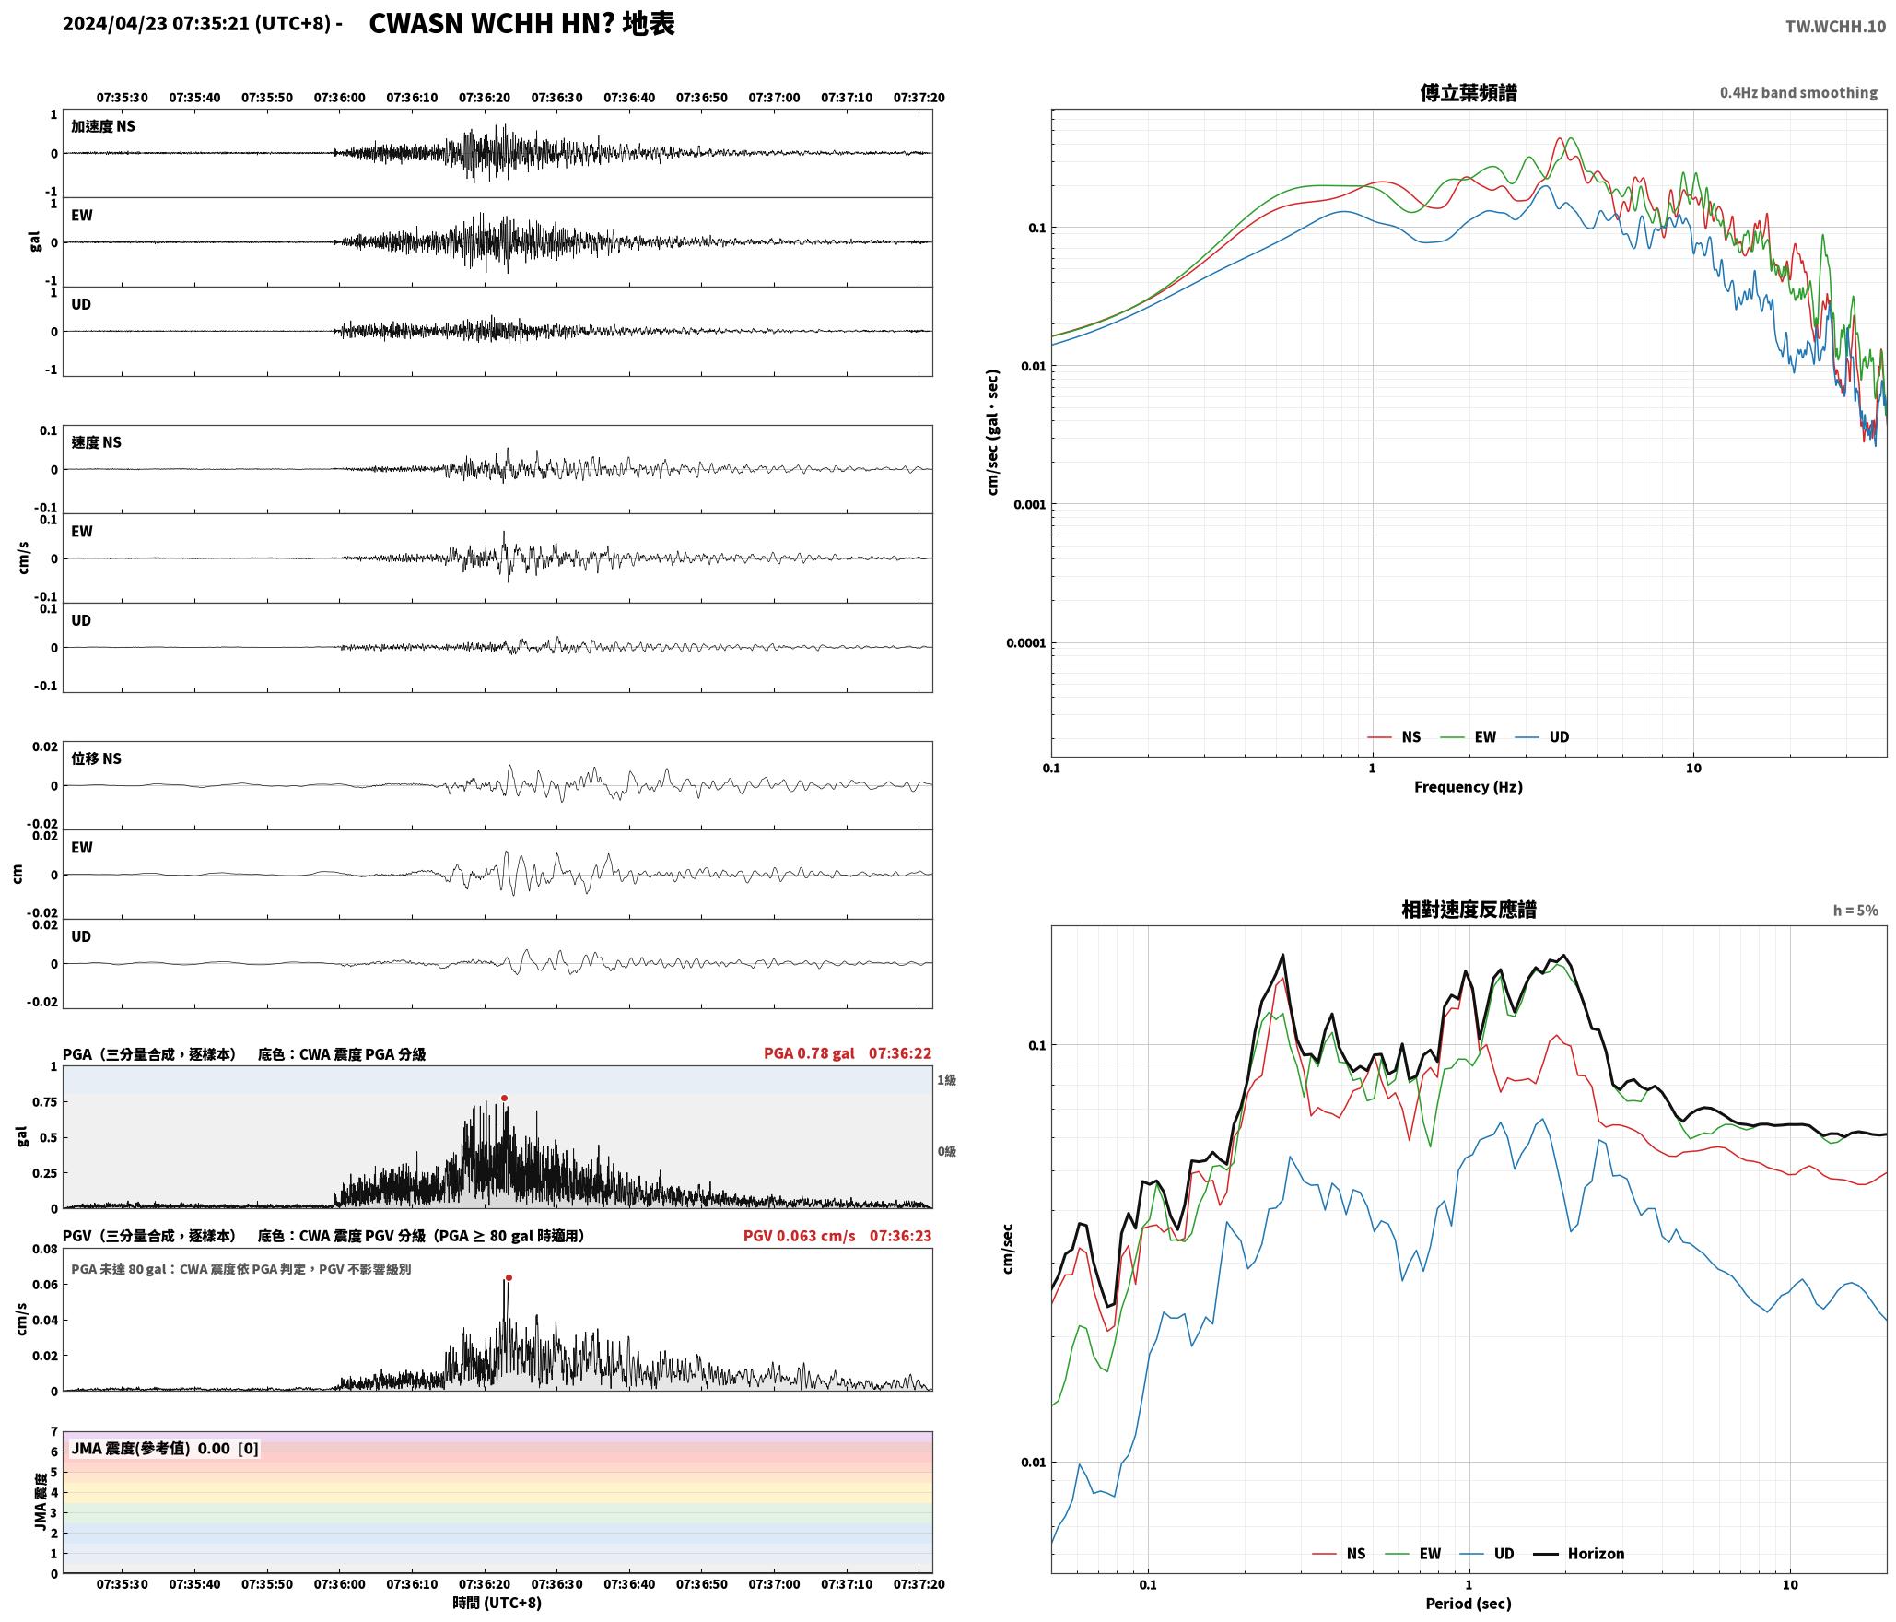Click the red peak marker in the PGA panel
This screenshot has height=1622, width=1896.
click(x=504, y=1098)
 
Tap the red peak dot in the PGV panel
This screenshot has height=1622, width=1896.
click(x=509, y=1277)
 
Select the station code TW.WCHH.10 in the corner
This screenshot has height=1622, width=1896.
click(x=1835, y=27)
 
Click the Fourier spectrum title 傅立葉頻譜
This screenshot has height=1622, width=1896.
click(x=1469, y=92)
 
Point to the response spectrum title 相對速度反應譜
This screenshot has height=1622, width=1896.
click(x=1469, y=910)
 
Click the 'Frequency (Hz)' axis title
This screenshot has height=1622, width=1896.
click(x=1469, y=786)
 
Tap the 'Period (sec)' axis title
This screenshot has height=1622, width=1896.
click(x=1469, y=1604)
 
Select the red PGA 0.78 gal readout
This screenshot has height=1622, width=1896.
click(x=809, y=1053)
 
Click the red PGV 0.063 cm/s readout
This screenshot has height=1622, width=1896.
click(x=799, y=1235)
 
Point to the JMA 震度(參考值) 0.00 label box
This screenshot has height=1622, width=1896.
click(x=165, y=1448)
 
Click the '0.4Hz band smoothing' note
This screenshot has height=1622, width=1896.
click(x=1798, y=92)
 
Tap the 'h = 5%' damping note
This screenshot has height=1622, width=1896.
click(x=1855, y=911)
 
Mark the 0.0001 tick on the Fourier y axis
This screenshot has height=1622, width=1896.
click(x=1026, y=642)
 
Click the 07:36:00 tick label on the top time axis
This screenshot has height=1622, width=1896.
click(x=339, y=97)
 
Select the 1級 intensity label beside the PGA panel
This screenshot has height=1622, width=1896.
click(x=946, y=1079)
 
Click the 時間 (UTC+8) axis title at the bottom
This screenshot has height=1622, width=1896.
click(x=497, y=1603)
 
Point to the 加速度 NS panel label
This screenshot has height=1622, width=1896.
click(x=103, y=126)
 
